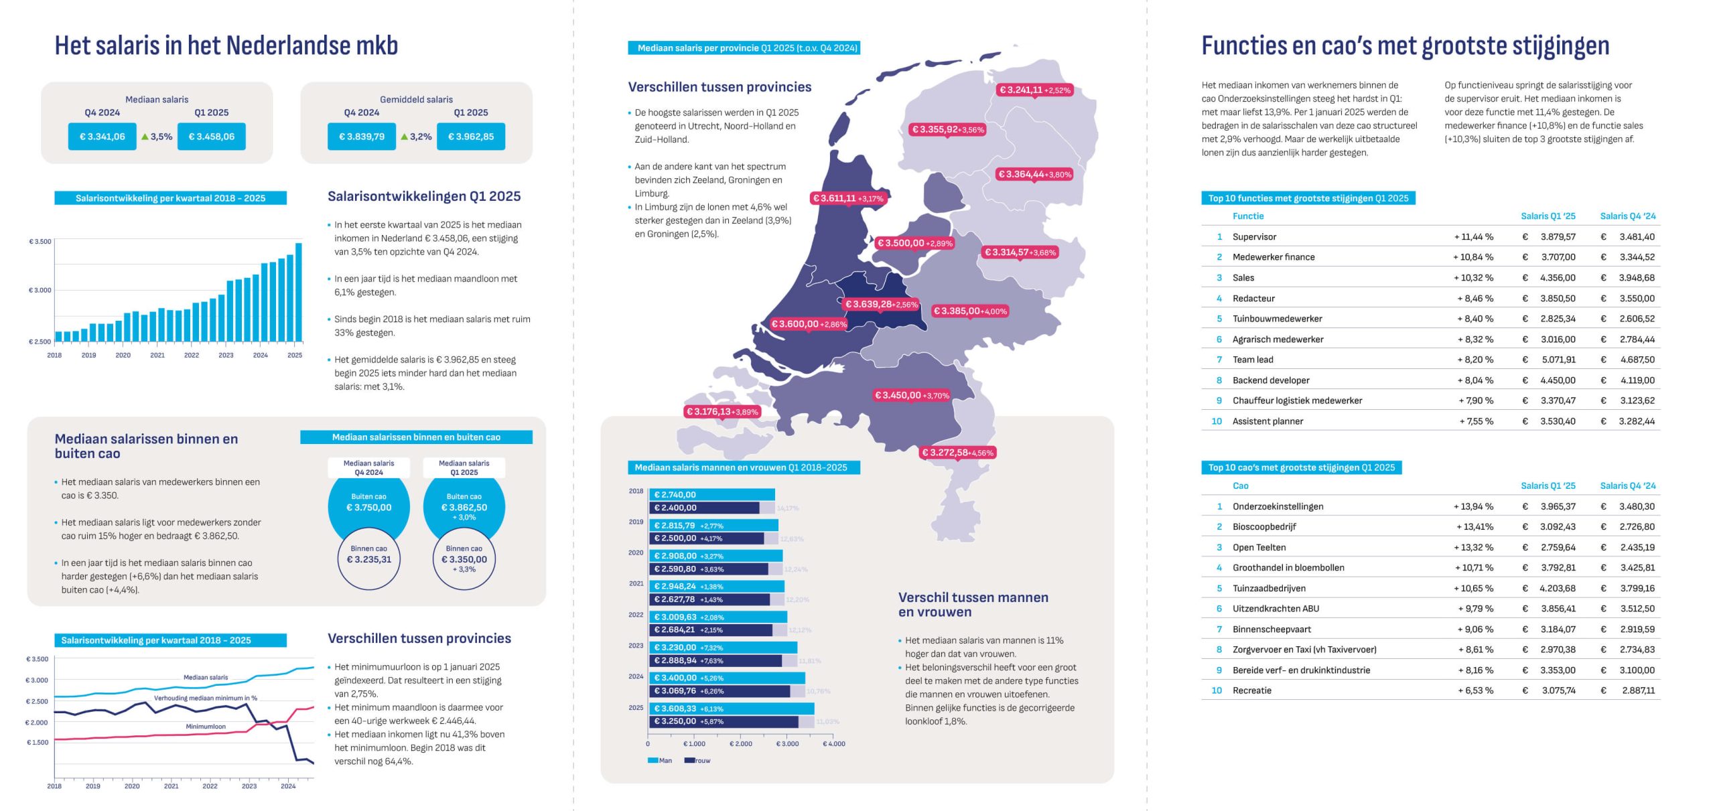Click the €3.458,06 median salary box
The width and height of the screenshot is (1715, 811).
211,137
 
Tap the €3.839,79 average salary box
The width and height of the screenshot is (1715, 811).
361,137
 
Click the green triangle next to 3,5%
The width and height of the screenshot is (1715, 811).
145,137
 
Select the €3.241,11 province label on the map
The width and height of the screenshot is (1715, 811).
1034,90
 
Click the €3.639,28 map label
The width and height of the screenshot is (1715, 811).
881,304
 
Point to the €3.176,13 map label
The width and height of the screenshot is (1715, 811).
722,412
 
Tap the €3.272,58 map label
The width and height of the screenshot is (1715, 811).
957,453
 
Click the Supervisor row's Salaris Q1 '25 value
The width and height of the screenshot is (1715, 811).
1558,237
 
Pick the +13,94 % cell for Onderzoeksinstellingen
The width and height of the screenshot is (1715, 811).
1473,507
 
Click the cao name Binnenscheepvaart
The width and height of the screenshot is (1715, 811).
1272,630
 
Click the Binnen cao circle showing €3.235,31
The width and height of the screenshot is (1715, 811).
368,558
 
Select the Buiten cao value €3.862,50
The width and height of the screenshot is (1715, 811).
464,508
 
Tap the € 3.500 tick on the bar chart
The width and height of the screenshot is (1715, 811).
40,242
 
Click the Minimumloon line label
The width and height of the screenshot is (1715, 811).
206,727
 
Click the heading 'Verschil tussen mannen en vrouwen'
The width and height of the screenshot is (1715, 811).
973,605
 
